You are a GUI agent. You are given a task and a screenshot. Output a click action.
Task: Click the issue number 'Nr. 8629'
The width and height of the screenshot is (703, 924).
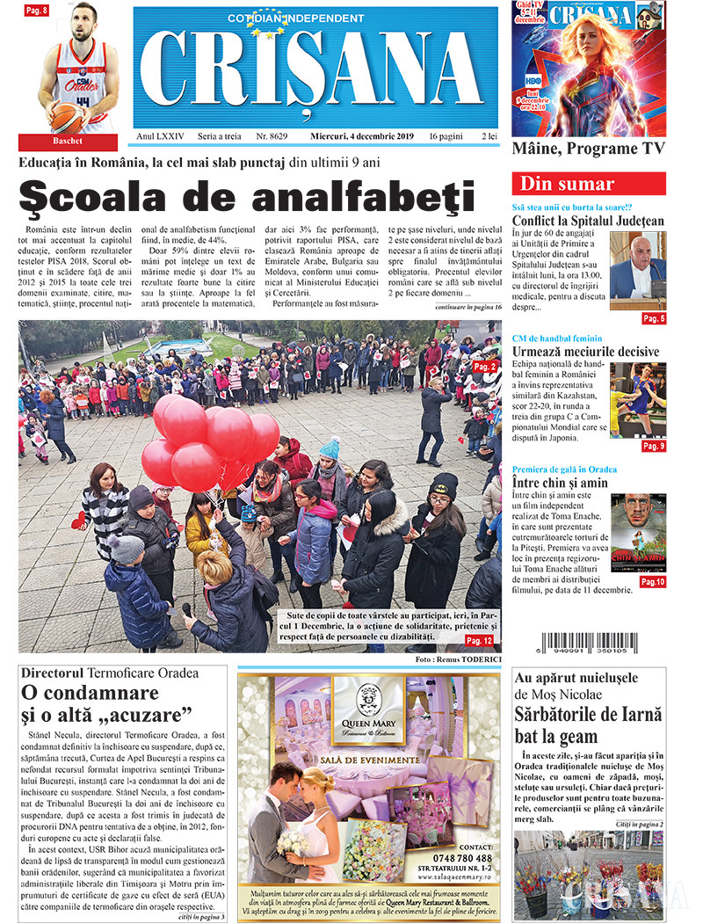(272, 136)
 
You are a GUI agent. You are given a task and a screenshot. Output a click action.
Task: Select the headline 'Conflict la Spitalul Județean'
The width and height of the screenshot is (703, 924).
(588, 221)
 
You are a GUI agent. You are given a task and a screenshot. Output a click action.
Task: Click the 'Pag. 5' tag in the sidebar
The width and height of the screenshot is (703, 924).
(653, 317)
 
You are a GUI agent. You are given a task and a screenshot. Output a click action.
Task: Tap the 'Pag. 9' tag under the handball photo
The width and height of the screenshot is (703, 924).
(653, 446)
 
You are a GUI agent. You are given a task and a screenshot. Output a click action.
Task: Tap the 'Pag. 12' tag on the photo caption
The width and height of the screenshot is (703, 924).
(479, 641)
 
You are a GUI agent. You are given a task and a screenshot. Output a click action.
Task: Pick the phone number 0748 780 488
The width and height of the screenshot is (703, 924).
(462, 857)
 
